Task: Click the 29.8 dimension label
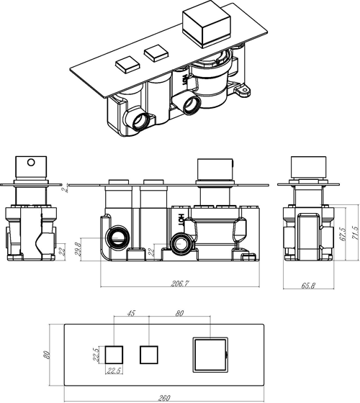[79, 248]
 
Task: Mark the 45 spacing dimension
[131, 314]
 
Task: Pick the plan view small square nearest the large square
[148, 355]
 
